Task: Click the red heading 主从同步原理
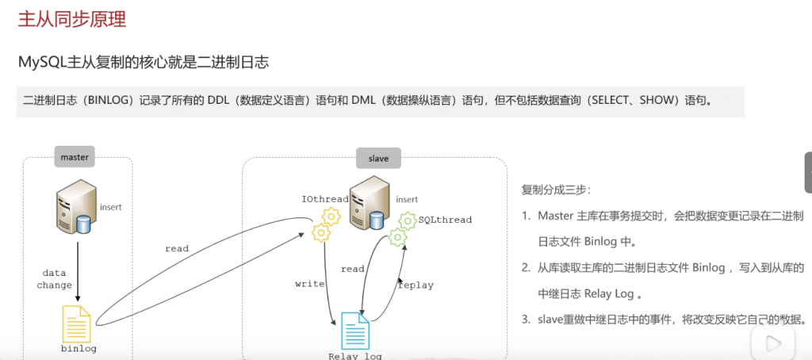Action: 72,20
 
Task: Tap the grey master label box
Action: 75,157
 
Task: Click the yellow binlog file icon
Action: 78,323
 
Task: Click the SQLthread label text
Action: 445,220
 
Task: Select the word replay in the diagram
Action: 416,285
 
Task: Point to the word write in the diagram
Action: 309,283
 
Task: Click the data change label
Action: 54,278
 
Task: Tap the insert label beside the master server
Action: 110,207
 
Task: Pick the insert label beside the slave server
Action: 407,199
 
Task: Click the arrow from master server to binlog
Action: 78,270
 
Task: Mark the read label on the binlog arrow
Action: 177,248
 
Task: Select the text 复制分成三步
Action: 556,190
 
